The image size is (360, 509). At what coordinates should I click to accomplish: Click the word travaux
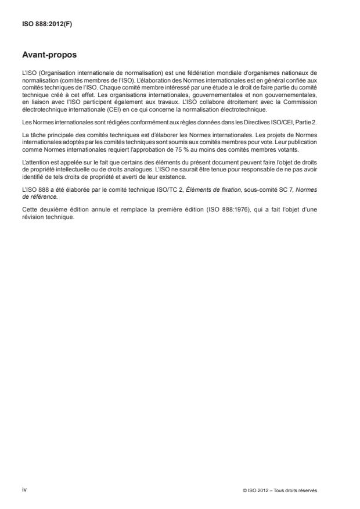point(155,103)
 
